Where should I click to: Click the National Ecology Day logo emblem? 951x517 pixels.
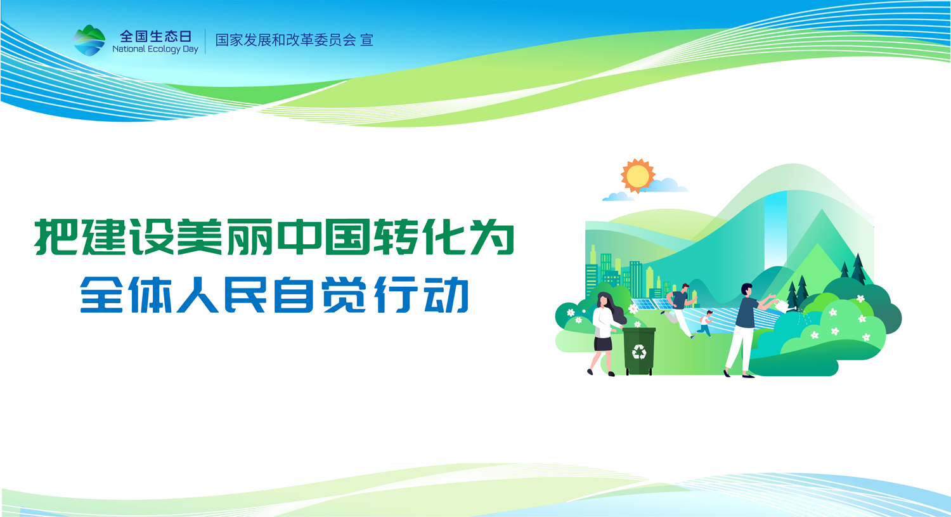pyautogui.click(x=89, y=41)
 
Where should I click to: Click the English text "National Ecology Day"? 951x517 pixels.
pyautogui.click(x=155, y=49)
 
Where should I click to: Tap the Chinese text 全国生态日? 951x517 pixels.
pyautogui.click(x=156, y=36)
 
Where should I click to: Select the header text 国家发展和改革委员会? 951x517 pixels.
pyautogui.click(x=285, y=40)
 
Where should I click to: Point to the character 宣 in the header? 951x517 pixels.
pyautogui.click(x=367, y=40)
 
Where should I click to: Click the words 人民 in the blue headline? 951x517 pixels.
pyautogui.click(x=222, y=294)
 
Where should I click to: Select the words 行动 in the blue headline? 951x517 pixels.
pyautogui.click(x=422, y=294)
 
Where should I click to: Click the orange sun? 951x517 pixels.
pyautogui.click(x=637, y=176)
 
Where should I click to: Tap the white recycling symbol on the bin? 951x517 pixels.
pyautogui.click(x=639, y=351)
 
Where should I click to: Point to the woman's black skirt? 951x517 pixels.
pyautogui.click(x=603, y=344)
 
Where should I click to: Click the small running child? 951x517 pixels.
pyautogui.click(x=705, y=324)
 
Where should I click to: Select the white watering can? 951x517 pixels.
pyautogui.click(x=782, y=305)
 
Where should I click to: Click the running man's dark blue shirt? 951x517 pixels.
pyautogui.click(x=680, y=300)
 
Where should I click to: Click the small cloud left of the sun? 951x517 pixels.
pyautogui.click(x=618, y=197)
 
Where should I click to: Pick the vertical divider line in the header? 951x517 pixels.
pyautogui.click(x=205, y=41)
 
